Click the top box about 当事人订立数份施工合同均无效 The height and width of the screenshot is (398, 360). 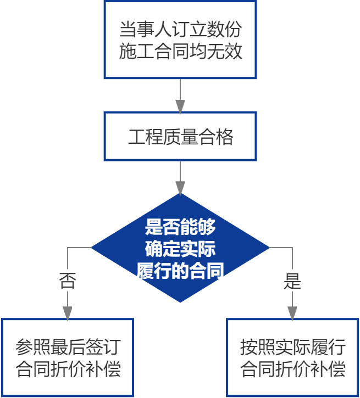coord(180,40)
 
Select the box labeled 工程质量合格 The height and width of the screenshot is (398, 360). coord(180,137)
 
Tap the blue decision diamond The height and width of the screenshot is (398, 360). coord(180,248)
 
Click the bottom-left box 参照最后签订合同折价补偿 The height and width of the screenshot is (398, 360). coord(68,357)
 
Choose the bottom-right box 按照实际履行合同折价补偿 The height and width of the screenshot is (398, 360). coord(292,357)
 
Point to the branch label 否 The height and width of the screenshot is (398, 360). coord(68,282)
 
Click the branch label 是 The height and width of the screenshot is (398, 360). coord(292,282)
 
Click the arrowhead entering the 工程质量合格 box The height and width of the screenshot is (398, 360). coord(180,105)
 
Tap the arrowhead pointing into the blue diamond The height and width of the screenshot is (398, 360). coord(180,187)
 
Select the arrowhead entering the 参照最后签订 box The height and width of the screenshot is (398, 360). coord(68,312)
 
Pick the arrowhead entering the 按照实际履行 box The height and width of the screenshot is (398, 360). coord(292,312)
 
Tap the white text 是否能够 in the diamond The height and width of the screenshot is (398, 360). coord(180,226)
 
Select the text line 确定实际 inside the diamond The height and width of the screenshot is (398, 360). coord(180,248)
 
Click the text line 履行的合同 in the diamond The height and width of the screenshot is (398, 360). coord(180,270)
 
